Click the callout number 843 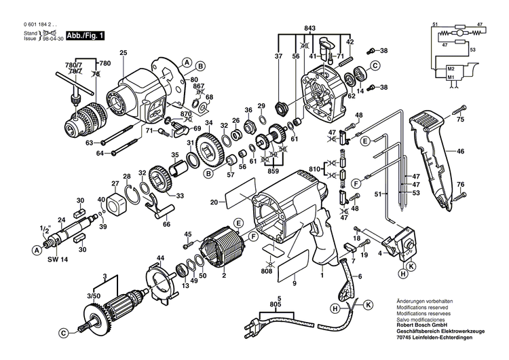pos(309,27)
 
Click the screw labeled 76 pos(459,196)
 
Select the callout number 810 pos(314,168)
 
